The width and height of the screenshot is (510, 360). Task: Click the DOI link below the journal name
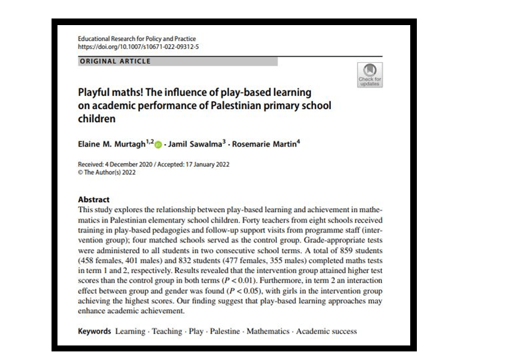tap(138, 47)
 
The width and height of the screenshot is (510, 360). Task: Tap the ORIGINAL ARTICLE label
tap(115, 61)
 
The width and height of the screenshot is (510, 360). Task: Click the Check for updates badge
tap(369, 75)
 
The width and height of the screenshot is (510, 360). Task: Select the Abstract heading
tap(94, 199)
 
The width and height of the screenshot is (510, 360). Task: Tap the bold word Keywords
tap(94, 331)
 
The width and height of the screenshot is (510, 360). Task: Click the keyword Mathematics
tap(268, 331)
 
